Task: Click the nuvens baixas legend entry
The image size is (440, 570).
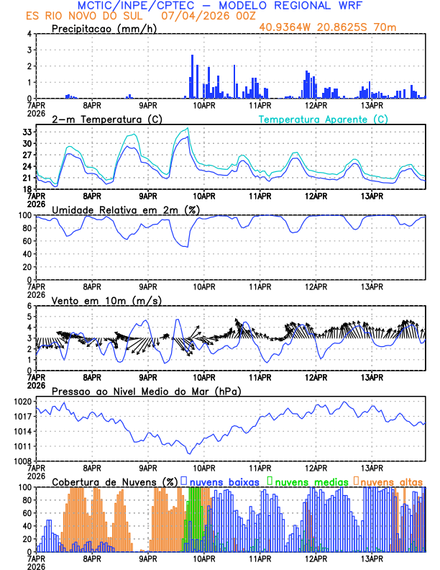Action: [223, 481]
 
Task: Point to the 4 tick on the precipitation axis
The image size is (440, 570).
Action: [29, 34]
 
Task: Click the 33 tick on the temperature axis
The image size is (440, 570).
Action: [26, 132]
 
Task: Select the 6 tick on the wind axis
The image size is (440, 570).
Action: [29, 306]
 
